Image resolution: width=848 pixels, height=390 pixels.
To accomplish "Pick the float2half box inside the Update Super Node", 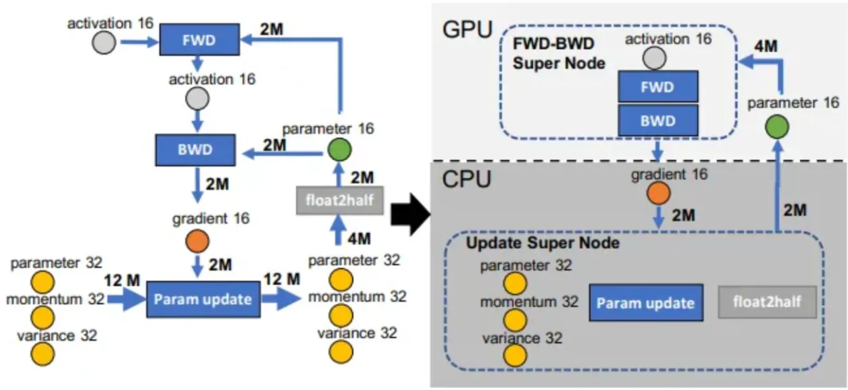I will tap(767, 302).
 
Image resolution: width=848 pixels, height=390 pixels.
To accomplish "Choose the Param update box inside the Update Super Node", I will tap(646, 302).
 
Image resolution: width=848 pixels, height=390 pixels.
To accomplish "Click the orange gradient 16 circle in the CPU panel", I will tap(657, 193).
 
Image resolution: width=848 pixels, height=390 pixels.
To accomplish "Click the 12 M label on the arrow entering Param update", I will tap(122, 279).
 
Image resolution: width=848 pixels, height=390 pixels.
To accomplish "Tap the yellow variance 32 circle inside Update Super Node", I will tap(515, 354).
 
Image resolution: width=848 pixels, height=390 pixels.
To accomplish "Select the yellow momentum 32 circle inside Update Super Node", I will tap(515, 319).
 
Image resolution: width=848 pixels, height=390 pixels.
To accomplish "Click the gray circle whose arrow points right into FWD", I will tap(103, 44).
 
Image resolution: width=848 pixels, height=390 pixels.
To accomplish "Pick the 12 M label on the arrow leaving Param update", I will tap(282, 279).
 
